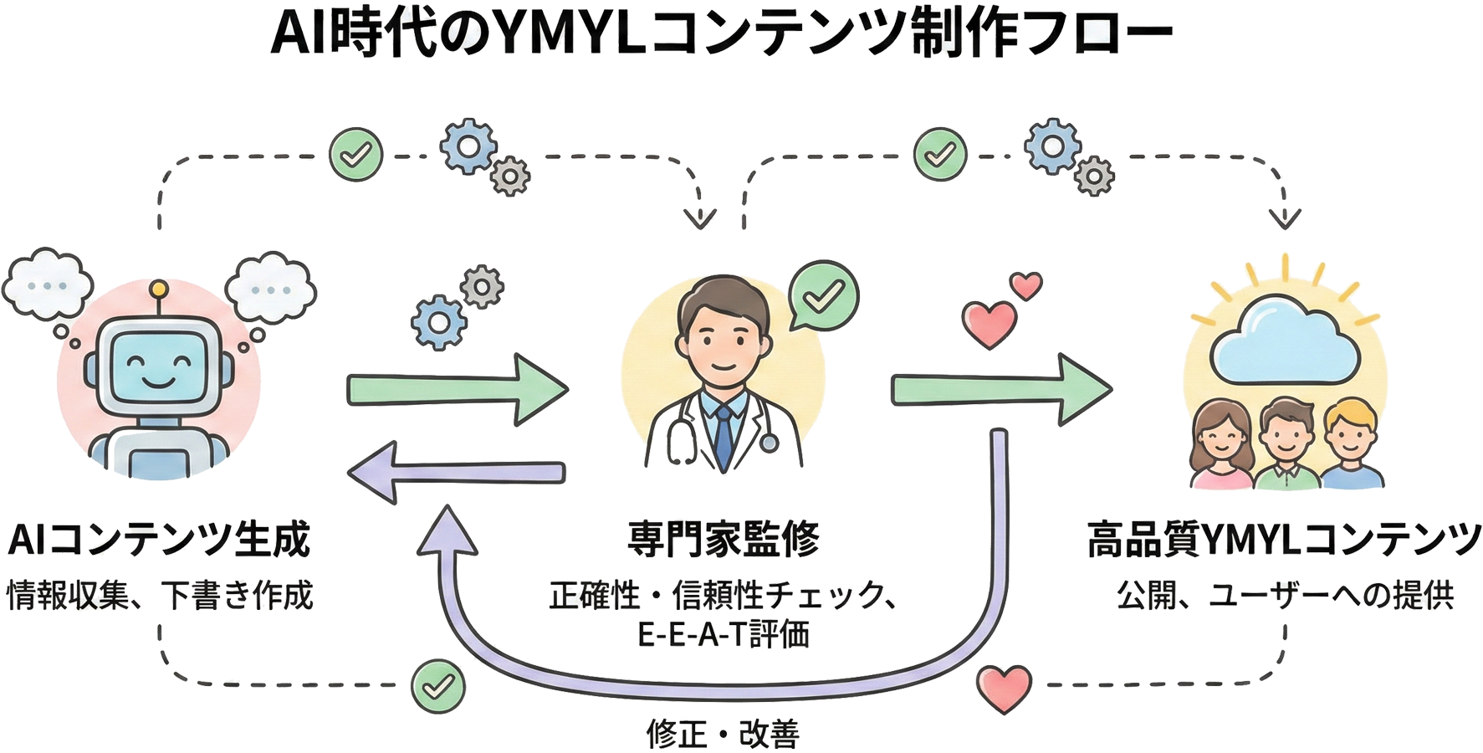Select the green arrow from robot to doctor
click(457, 390)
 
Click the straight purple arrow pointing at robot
click(457, 473)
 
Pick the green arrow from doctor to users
click(1000, 390)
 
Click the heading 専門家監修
click(724, 540)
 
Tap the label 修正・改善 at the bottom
click(723, 735)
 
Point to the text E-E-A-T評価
click(724, 634)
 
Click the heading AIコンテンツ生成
click(159, 540)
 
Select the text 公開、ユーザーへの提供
click(1285, 596)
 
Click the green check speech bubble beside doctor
click(823, 295)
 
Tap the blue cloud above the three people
click(1284, 343)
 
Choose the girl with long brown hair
click(1221, 443)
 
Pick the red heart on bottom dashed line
click(1004, 688)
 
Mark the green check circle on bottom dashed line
click(437, 687)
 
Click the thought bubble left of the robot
click(48, 284)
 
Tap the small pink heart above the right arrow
click(1025, 285)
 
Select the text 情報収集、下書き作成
click(159, 596)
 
